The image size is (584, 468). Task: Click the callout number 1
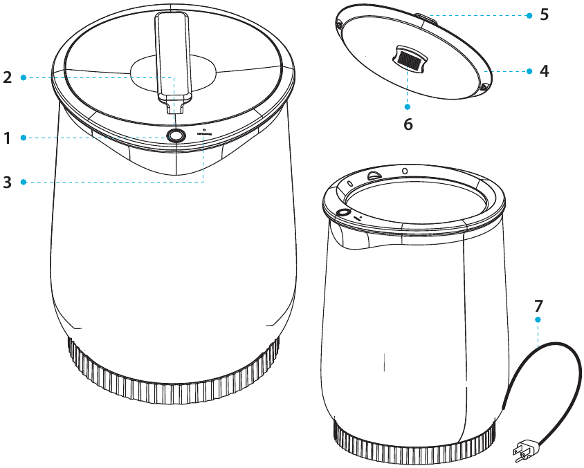[8, 138]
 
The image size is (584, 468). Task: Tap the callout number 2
[8, 77]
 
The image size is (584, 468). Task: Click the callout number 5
[545, 15]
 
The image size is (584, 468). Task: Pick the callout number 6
[408, 124]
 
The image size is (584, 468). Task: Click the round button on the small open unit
[341, 213]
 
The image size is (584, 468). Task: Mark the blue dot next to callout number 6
[408, 106]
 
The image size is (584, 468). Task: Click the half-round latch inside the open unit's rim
[374, 176]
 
